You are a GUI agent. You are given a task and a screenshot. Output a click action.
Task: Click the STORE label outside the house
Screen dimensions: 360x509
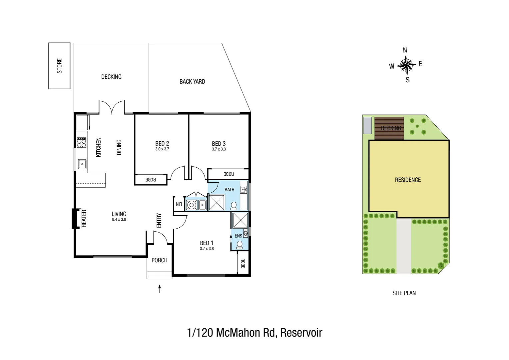pos(59,66)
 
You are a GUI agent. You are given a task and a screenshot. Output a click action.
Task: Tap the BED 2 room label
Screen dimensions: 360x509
pos(162,144)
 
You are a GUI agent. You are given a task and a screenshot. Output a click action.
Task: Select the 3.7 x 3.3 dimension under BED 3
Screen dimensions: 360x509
pos(219,149)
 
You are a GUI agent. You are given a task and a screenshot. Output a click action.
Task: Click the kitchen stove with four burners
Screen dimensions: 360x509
pos(82,142)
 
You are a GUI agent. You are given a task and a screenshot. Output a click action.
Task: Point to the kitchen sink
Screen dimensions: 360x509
pos(82,164)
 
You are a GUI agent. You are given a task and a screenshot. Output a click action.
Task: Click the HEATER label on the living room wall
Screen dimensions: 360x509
pos(84,219)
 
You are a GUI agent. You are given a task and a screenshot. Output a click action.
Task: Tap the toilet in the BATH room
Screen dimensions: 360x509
pos(234,206)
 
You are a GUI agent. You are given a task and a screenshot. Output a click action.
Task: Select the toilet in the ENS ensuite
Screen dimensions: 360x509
pos(239,245)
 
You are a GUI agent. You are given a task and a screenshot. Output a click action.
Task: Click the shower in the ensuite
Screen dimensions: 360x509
pos(240,220)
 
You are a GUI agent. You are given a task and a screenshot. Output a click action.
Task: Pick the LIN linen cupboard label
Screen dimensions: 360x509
pos(179,204)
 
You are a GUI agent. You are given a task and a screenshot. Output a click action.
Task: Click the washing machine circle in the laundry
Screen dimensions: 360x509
pos(191,205)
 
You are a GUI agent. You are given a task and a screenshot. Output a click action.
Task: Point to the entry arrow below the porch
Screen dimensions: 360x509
pos(160,289)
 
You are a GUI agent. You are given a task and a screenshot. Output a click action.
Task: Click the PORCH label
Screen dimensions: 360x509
pos(159,260)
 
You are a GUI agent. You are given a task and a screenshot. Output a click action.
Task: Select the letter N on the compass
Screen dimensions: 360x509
pos(405,50)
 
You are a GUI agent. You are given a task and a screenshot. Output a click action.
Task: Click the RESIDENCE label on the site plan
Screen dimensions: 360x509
pos(408,180)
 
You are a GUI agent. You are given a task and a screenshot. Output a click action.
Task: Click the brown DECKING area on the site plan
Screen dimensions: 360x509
pos(389,128)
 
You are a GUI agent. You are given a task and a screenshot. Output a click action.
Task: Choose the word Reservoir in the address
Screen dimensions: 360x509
pos(301,333)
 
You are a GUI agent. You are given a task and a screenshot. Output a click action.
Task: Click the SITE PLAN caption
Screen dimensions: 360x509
pos(404,293)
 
